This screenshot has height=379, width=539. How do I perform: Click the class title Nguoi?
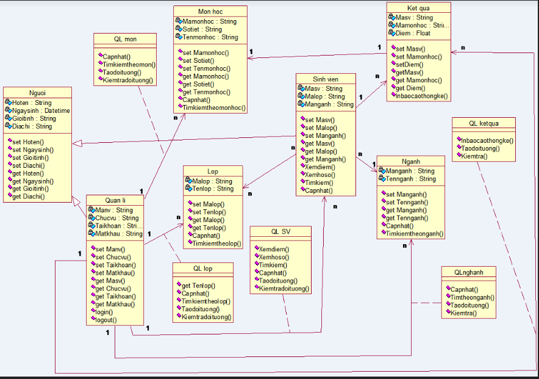point(37,92)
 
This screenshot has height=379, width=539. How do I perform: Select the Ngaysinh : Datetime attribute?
point(40,111)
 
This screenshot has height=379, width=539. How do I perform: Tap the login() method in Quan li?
point(105,312)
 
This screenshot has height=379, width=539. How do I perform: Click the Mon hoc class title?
point(210,12)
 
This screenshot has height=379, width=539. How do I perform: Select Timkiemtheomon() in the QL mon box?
point(129,64)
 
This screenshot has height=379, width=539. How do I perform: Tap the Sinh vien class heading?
point(325,79)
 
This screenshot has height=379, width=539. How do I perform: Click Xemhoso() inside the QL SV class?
point(274,258)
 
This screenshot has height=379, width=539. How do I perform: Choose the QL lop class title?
point(202,269)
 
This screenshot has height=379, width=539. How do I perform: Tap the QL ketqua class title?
point(484,123)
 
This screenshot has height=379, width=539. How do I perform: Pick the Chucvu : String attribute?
point(116,218)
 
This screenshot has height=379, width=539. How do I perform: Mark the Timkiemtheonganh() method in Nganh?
point(415,234)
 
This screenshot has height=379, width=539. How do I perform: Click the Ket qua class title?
point(418,8)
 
